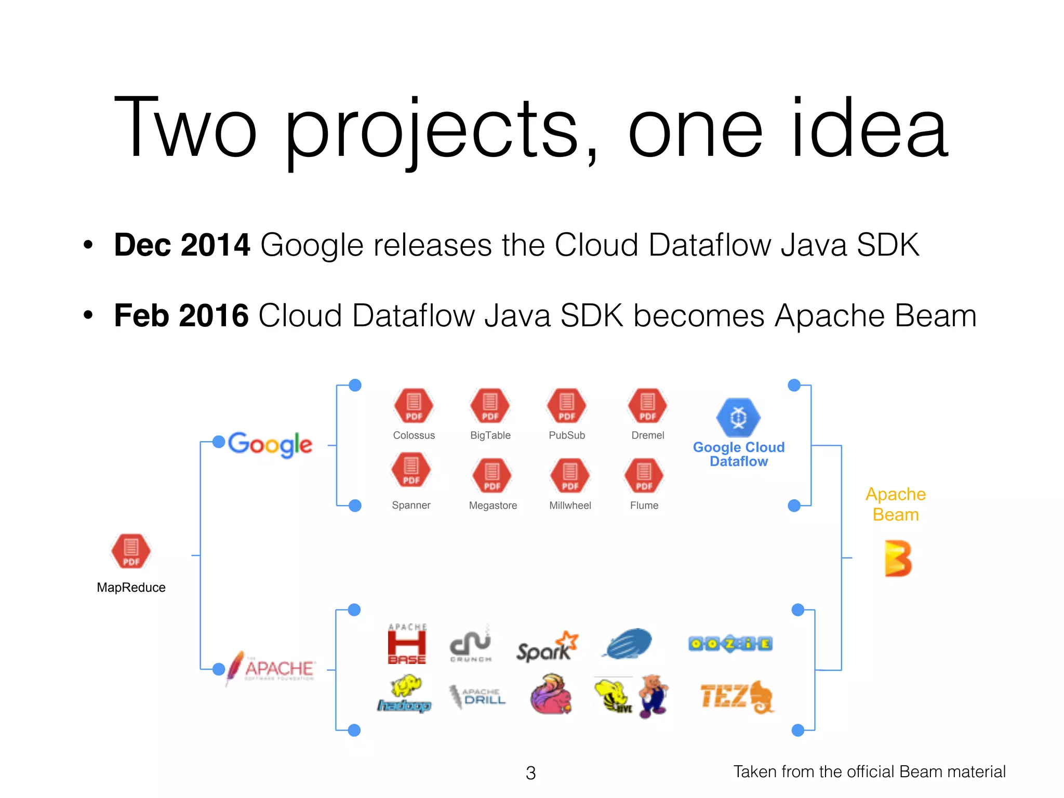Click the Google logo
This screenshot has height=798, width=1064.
click(270, 445)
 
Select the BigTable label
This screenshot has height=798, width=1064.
click(490, 435)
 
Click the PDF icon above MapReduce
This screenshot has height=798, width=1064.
click(131, 551)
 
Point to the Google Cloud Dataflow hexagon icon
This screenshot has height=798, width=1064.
click(738, 418)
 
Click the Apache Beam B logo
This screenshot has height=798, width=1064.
click(898, 558)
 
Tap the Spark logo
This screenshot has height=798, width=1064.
click(547, 647)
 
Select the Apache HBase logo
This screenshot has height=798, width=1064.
click(407, 644)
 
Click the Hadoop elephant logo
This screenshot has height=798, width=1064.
click(405, 694)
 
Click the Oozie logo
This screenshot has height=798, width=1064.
click(730, 644)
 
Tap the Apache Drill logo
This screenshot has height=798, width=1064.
click(477, 696)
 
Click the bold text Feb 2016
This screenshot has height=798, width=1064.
click(181, 315)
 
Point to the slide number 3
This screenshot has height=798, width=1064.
click(530, 773)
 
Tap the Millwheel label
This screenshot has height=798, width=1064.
click(570, 506)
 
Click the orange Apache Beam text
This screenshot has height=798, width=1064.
click(896, 504)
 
